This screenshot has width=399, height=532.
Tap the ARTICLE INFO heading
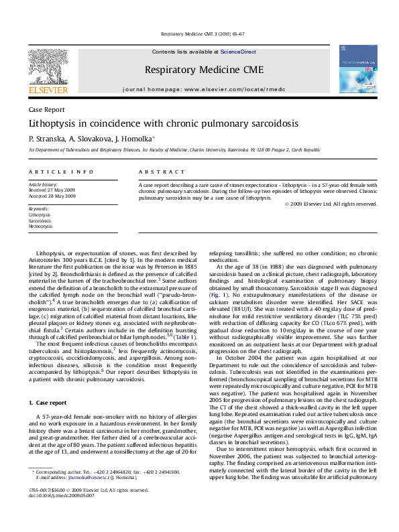pyautogui.click(x=52, y=172)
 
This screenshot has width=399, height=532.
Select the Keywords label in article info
pyautogui.click(x=40, y=208)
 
